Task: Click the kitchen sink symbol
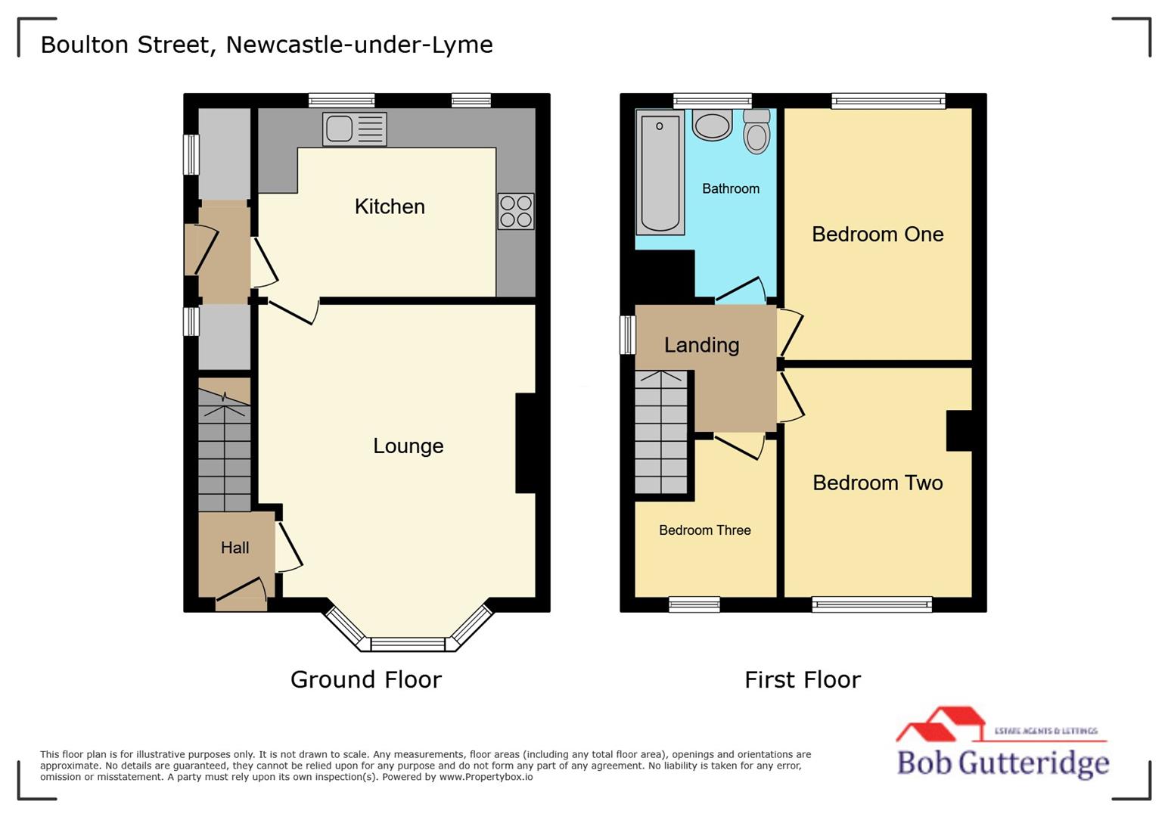pos(354,129)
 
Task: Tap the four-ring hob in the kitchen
pos(515,211)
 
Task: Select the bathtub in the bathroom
pos(660,172)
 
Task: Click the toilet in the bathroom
pos(756,132)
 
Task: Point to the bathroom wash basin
pos(712,126)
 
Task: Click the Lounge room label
pos(408,446)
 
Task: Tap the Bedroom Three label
pos(704,530)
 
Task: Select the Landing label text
pos(701,345)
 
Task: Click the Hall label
pos(235,548)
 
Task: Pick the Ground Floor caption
pos(365,679)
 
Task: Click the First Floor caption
pos(802,679)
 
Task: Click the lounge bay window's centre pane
pos(408,645)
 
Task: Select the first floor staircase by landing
pos(661,432)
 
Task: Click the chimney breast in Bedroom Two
pos(958,430)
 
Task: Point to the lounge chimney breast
pos(526,443)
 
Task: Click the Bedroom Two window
pos(871,604)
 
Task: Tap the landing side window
pos(627,334)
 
